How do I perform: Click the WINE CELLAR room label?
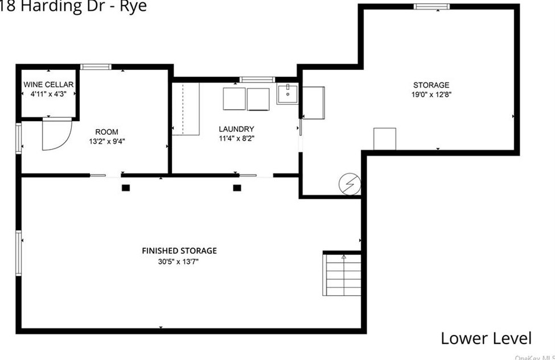tap(48, 85)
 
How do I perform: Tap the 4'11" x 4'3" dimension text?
tap(48, 94)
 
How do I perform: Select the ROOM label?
tap(107, 132)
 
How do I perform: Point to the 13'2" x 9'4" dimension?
tap(107, 142)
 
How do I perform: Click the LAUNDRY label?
tap(236, 129)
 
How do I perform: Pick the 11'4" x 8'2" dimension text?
tap(236, 138)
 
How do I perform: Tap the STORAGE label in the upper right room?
tap(431, 85)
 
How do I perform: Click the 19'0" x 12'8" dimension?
tap(431, 95)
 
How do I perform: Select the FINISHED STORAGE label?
tap(179, 251)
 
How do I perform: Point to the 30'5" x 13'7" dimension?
tap(179, 262)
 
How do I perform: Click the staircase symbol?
tap(342, 275)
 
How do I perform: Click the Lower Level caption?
tap(486, 338)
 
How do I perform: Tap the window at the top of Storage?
tap(431, 7)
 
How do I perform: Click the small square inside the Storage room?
tap(384, 139)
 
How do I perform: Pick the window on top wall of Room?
tap(96, 67)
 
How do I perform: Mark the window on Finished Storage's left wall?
tap(19, 253)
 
